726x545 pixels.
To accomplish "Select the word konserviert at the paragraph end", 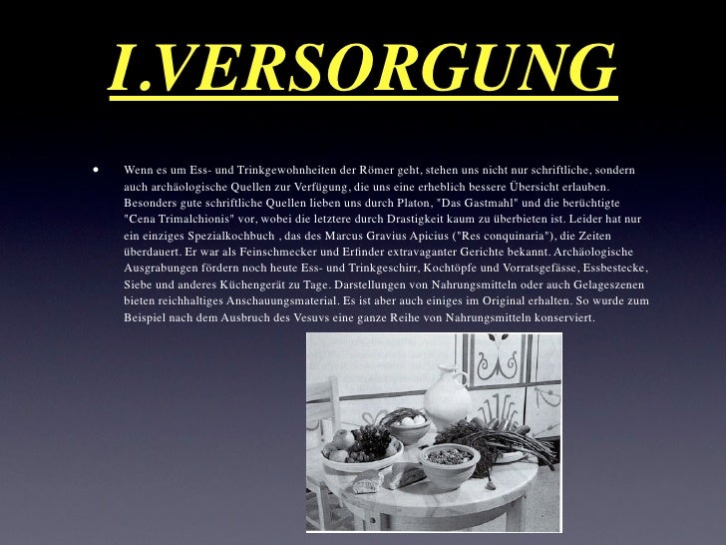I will (x=558, y=317).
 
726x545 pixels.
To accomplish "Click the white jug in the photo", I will (x=445, y=394).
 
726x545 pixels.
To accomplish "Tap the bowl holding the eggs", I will (x=410, y=427).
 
